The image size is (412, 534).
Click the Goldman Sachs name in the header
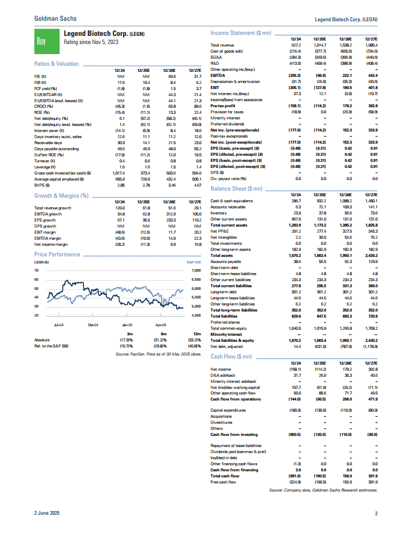56,18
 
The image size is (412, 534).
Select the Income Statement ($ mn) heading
240,33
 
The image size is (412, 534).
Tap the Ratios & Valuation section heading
57,64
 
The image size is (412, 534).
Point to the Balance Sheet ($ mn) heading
236,189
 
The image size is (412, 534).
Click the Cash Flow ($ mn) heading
231,357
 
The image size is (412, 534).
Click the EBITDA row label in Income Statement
218,75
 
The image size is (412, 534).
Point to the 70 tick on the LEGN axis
36,271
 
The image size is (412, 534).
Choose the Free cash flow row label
223,482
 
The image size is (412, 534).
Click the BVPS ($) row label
40,186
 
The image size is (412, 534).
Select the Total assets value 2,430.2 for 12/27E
371,256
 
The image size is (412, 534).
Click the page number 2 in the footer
376,514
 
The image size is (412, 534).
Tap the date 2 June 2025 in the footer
47,514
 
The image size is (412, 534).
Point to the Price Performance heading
57,254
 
